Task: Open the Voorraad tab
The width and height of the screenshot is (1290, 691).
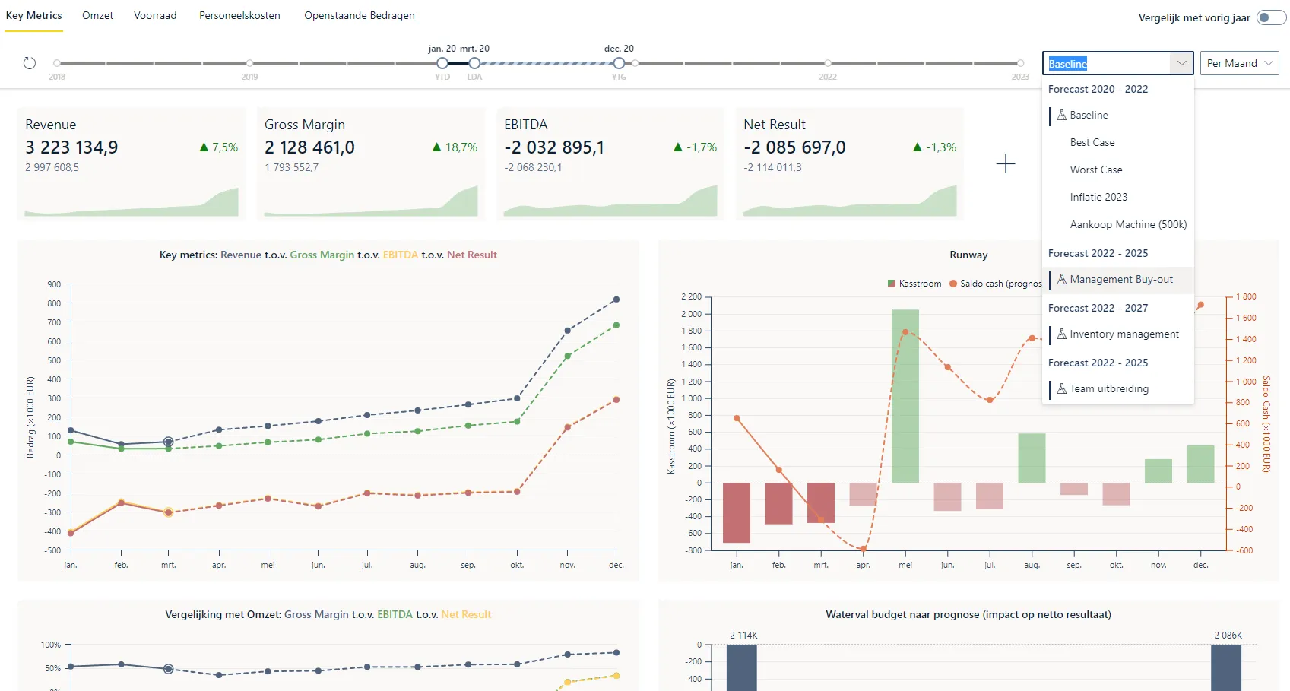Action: pos(155,15)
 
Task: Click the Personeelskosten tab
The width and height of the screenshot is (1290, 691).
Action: pos(239,15)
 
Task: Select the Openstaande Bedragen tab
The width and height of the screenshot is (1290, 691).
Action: pos(359,15)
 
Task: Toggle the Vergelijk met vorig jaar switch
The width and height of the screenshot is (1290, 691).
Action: pos(1270,17)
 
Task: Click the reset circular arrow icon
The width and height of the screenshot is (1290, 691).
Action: pos(30,63)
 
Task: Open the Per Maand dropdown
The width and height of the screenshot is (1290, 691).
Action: pos(1239,63)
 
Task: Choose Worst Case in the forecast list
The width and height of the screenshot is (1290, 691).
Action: pos(1095,170)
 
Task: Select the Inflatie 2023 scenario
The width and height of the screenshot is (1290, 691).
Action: pos(1098,197)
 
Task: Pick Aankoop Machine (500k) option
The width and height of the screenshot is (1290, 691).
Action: pos(1127,224)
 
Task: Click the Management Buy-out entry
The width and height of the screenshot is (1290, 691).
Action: pos(1120,279)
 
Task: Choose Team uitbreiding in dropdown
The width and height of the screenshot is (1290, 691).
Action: pos(1108,388)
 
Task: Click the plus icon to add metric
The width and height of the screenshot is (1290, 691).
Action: pos(1005,164)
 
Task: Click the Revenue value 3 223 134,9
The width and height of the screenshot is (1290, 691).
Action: pos(71,147)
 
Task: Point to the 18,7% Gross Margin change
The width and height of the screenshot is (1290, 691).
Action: pos(461,147)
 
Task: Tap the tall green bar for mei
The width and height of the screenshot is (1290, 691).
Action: pos(905,395)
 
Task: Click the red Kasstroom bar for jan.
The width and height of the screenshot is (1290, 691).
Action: pos(736,512)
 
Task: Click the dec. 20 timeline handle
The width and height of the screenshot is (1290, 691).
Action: pos(619,63)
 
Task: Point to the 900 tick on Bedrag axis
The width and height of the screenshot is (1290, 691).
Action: pos(54,284)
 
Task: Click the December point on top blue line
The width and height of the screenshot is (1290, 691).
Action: pos(616,300)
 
